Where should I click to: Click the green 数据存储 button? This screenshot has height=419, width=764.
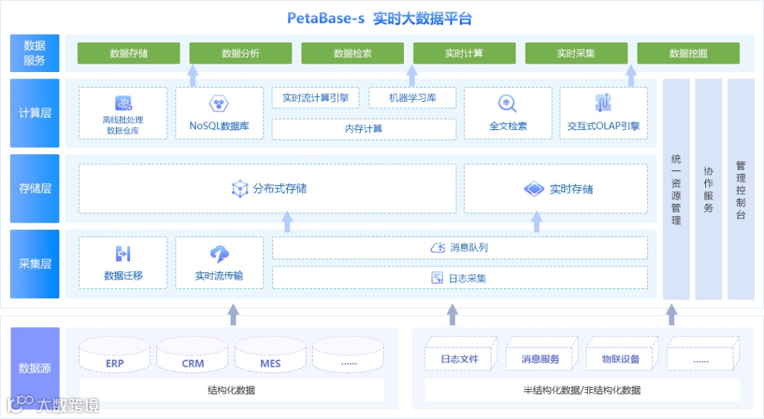pos(129,54)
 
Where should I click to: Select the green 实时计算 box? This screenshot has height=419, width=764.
pos(464,54)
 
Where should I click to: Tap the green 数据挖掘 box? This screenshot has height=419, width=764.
pos(688,54)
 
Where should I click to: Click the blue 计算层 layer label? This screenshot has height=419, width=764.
pos(35,113)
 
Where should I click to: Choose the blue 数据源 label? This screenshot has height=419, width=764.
pos(35,368)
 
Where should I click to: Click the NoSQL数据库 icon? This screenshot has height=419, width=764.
pos(219,105)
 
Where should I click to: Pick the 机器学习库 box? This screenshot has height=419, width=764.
pos(412,98)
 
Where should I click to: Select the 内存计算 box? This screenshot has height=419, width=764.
pos(364,129)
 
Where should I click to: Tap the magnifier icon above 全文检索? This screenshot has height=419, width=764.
pos(507,104)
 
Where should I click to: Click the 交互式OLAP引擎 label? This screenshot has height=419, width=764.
pos(603,126)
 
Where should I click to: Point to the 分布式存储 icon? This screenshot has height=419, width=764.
pos(240,189)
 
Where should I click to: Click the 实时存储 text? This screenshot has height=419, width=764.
pos(571,189)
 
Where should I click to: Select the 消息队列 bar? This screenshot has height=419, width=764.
pos(460,247)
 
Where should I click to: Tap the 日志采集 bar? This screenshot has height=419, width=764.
pos(460,278)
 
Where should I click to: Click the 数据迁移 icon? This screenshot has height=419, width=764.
pos(123,254)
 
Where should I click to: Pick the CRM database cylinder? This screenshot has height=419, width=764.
pos(192,355)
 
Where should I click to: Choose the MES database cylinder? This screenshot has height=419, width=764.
pos(270,355)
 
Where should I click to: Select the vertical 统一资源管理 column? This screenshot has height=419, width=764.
pos(676,189)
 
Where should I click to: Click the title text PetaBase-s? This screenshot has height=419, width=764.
pos(326,18)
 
